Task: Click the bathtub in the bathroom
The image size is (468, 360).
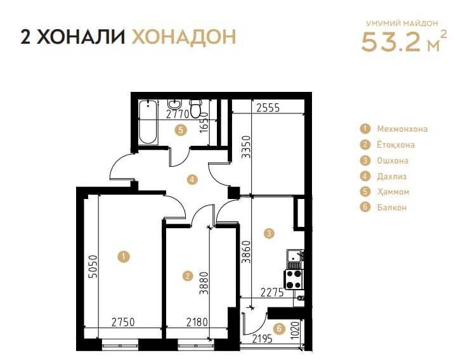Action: pos(148,122)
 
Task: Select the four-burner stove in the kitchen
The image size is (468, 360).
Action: pos(294,279)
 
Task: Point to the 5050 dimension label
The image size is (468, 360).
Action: pos(93,266)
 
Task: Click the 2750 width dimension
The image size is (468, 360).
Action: pos(123,322)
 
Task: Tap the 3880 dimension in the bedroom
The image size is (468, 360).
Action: pos(204,283)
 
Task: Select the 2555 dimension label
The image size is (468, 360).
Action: pos(268,108)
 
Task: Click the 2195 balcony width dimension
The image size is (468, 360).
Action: pos(263,339)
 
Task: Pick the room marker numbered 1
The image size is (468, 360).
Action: pos(124,257)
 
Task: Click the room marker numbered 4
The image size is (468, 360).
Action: pos(192,179)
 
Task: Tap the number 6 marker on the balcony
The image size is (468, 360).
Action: pos(280,329)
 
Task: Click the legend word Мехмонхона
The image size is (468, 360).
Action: pos(402,129)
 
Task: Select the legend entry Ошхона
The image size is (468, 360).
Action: pos(393,161)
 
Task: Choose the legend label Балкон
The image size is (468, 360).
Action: pos(392,207)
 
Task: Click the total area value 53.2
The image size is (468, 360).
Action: pos(391,41)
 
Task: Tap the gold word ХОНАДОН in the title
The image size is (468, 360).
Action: pos(184,37)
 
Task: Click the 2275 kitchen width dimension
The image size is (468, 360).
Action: pos(272,293)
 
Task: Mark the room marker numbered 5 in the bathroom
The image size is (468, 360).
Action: pos(181,131)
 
